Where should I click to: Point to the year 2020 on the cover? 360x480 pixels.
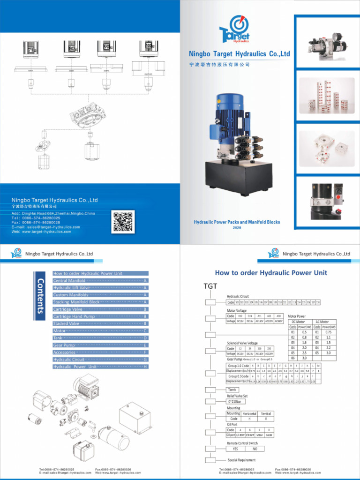pos(237,227)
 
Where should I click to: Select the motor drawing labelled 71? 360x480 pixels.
pos(31,48)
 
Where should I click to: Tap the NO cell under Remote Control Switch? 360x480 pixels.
pos(255,449)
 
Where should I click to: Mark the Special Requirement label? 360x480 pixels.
pos(242,460)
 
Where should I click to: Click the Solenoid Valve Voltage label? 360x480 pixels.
pos(242,343)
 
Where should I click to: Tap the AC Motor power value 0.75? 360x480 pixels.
pos(328,332)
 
